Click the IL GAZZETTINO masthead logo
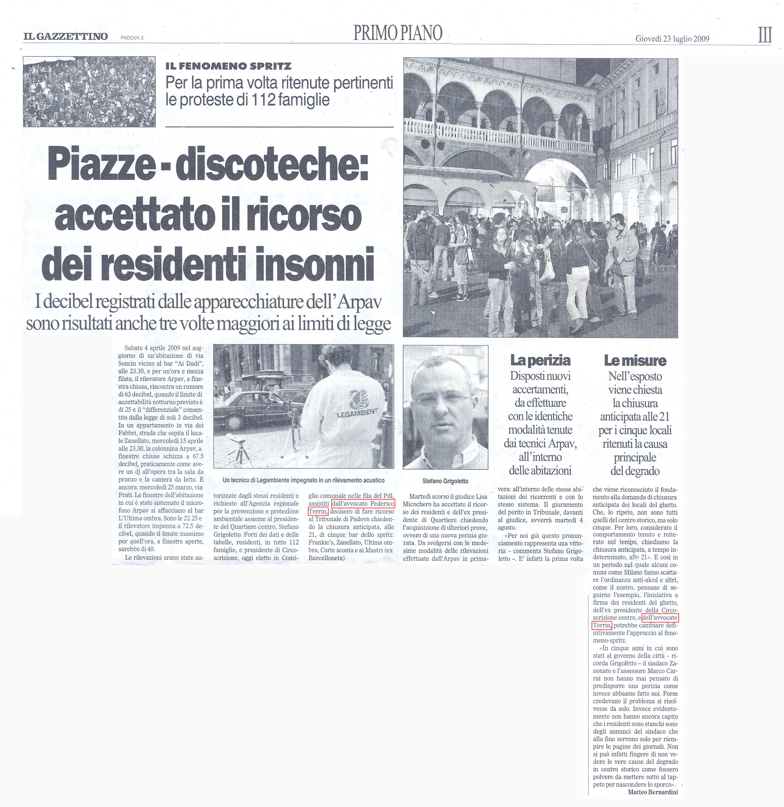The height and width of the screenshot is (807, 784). pos(65,36)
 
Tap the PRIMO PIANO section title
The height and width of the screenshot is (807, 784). pos(398,33)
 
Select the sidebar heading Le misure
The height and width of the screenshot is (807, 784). pos(635,360)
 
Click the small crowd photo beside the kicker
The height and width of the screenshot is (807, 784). pos(89,92)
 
